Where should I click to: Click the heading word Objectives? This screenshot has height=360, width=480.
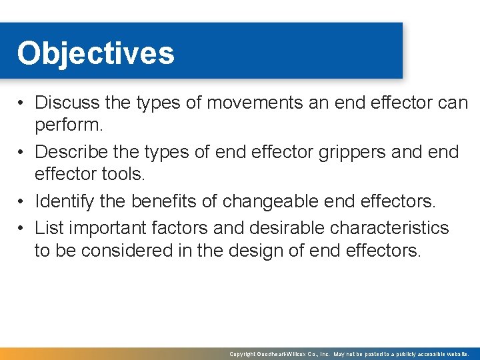click(95, 53)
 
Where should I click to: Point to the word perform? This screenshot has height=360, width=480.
click(67, 125)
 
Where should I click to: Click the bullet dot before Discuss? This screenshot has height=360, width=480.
click(22, 103)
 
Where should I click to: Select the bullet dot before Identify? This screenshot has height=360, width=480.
click(22, 200)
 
